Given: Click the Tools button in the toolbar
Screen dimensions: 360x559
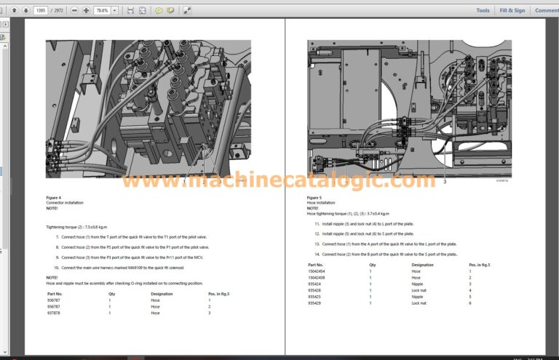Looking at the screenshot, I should click(483, 10).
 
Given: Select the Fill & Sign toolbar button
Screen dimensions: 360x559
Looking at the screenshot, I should click(512, 10).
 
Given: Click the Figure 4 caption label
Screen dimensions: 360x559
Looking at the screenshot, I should click(54, 198).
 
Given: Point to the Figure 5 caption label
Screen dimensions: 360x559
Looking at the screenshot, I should click(314, 198).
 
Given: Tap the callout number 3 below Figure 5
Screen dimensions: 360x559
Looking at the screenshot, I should click(445, 181).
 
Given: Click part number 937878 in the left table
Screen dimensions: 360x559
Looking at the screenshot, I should click(54, 313).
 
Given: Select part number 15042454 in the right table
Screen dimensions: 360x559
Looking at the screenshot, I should click(317, 271).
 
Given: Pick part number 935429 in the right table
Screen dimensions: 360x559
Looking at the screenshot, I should click(314, 303).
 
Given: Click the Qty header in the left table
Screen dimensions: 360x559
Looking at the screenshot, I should click(112, 294).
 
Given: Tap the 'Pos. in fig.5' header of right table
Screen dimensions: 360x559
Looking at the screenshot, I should click(480, 265).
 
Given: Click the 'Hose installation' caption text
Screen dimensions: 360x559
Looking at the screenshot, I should click(321, 203).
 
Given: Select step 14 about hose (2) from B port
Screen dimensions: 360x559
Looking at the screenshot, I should click(389, 254).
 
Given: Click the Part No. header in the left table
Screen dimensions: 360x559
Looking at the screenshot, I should click(55, 294).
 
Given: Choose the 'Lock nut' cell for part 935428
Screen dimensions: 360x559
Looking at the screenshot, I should click(419, 290).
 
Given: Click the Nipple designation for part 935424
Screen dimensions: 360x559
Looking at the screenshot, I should click(417, 284).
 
